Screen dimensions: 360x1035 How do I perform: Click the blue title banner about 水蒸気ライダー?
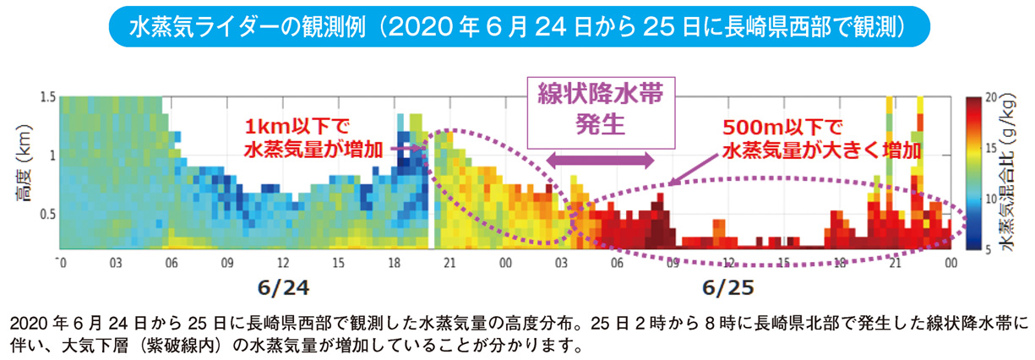pyautogui.click(x=518, y=27)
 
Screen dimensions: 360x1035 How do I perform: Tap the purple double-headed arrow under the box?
pyautogui.click(x=601, y=159)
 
